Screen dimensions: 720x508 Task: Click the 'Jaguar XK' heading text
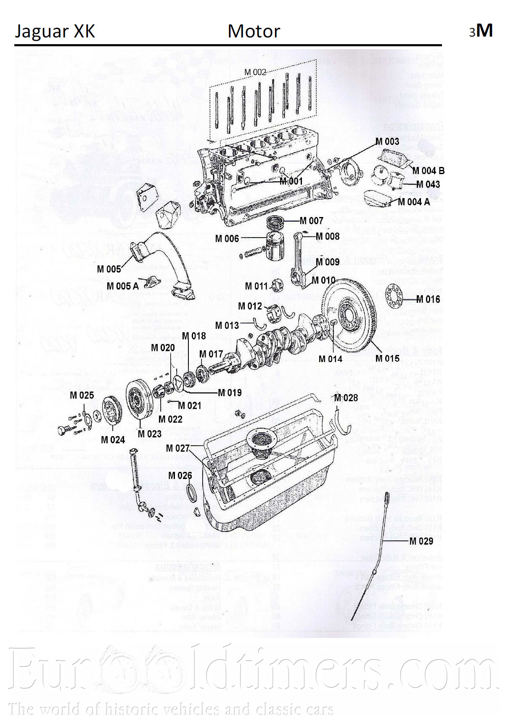pyautogui.click(x=55, y=31)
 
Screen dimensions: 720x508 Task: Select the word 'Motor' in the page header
pyautogui.click(x=254, y=31)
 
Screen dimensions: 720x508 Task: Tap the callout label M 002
pyautogui.click(x=255, y=72)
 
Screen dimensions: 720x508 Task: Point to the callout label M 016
pyautogui.click(x=428, y=299)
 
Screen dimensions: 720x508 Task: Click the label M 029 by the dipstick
pyautogui.click(x=421, y=541)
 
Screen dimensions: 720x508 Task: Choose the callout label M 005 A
pyautogui.click(x=122, y=286)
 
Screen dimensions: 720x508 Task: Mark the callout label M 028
pyautogui.click(x=346, y=398)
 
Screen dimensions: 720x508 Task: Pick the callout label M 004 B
pyautogui.click(x=428, y=171)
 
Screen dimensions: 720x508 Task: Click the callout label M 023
pyautogui.click(x=149, y=434)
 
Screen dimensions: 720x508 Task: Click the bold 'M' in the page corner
pyautogui.click(x=485, y=31)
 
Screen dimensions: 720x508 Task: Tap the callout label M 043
pyautogui.click(x=428, y=185)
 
